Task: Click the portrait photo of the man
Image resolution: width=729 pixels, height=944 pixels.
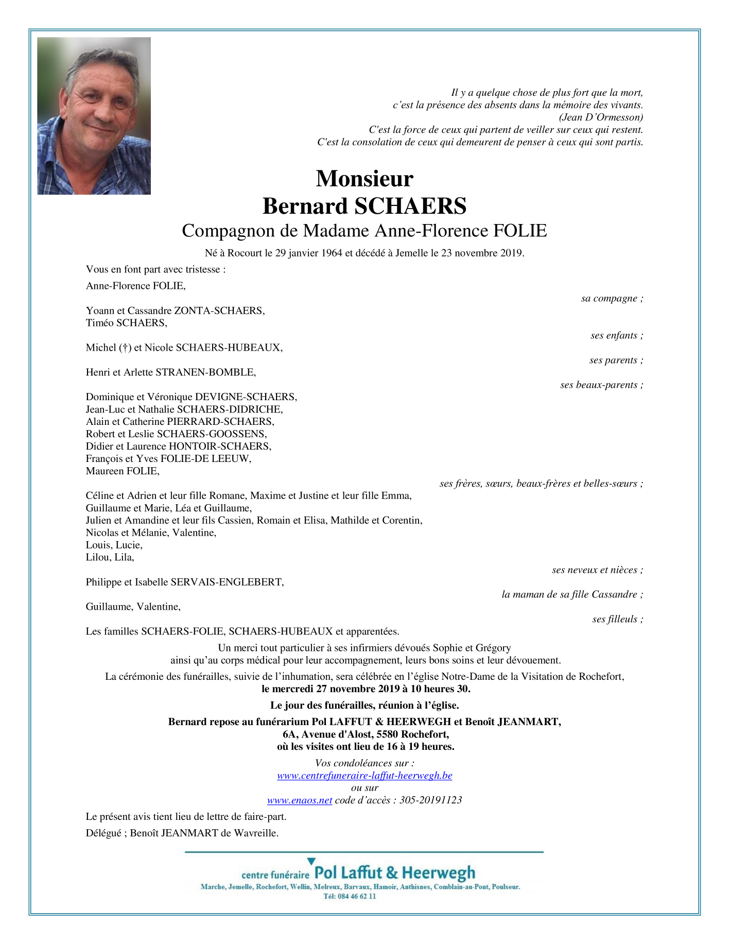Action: click(x=94, y=116)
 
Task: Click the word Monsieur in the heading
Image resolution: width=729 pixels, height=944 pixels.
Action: click(x=364, y=179)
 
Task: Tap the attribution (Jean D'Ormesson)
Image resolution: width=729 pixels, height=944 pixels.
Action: click(x=601, y=117)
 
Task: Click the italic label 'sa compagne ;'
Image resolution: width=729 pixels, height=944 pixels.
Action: click(x=612, y=299)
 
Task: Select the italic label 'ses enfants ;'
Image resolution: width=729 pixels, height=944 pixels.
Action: click(x=617, y=336)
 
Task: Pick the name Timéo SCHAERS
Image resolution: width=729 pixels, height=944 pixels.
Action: click(x=127, y=323)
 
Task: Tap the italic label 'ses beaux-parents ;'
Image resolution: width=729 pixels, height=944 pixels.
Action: click(x=601, y=385)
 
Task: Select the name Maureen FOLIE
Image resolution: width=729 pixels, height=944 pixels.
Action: click(x=123, y=471)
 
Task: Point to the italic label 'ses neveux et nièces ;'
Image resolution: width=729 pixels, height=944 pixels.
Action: click(x=597, y=570)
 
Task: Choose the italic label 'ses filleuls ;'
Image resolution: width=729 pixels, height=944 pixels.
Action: click(x=617, y=620)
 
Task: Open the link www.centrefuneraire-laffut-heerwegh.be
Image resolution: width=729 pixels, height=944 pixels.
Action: click(x=364, y=776)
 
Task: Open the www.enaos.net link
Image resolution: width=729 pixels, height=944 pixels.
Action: click(x=299, y=800)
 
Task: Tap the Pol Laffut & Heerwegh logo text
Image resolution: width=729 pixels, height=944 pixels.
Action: click(x=394, y=873)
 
